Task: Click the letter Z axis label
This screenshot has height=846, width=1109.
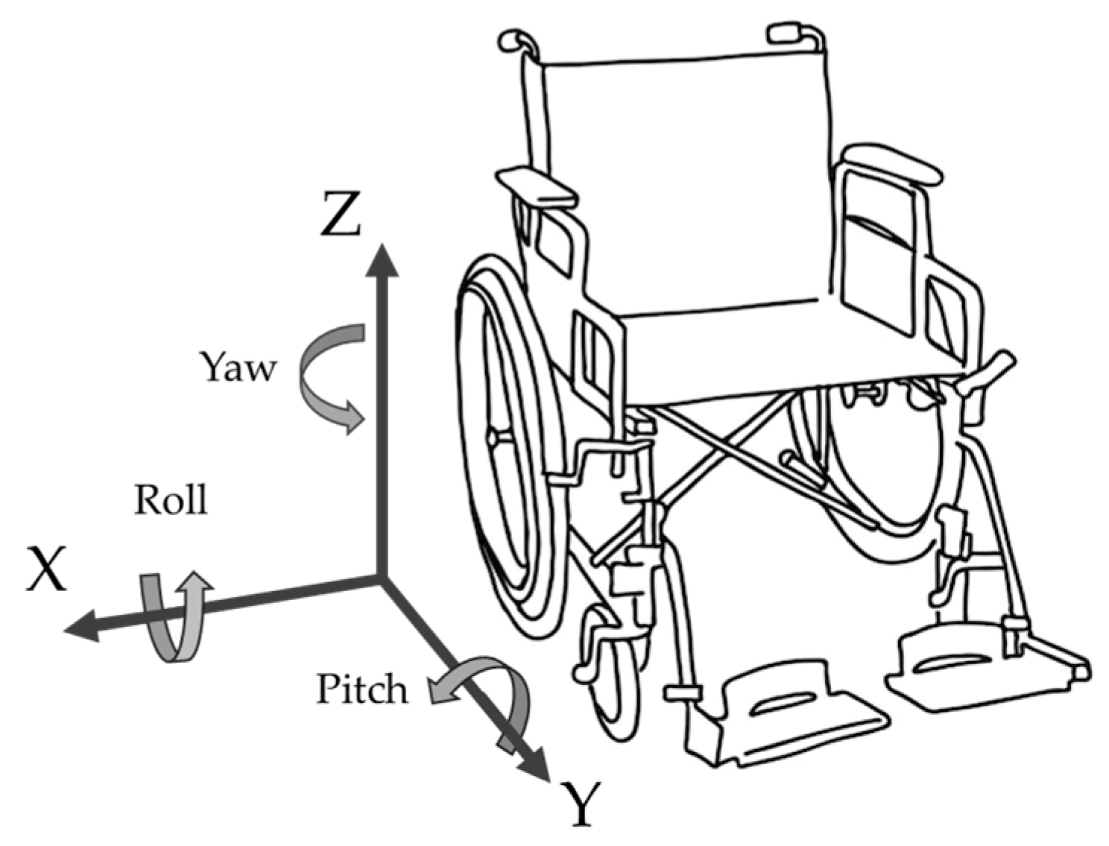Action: tap(341, 214)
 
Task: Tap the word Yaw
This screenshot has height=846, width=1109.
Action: tap(237, 367)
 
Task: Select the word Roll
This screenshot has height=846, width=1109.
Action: tap(170, 499)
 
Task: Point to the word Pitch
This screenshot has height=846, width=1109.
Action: tap(362, 689)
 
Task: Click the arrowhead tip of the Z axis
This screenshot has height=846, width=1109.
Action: tap(382, 248)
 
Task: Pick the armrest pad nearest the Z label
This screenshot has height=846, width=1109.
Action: tap(535, 186)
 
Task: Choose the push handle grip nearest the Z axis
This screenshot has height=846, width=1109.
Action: tap(513, 40)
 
